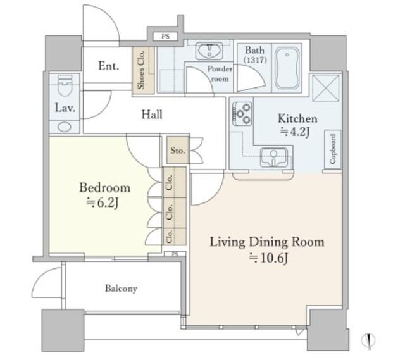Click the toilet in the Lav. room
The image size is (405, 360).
pyautogui.click(x=65, y=85)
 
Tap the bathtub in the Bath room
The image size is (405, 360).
pyautogui.click(x=287, y=68)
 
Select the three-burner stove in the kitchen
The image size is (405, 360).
pyautogui.click(x=242, y=114)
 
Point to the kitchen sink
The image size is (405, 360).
pyautogui.click(x=274, y=157)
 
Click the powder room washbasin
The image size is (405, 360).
pyautogui.click(x=209, y=51)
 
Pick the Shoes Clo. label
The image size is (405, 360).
pyautogui.click(x=141, y=70)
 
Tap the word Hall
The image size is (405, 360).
pyautogui.click(x=152, y=115)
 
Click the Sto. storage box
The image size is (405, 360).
pyautogui.click(x=178, y=150)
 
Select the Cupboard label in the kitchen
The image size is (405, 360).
pyautogui.click(x=333, y=149)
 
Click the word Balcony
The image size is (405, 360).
pyautogui.click(x=121, y=289)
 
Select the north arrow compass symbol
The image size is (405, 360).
pyautogui.click(x=368, y=340)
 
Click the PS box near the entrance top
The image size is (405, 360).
pyautogui.click(x=166, y=37)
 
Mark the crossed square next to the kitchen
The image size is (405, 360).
pyautogui.click(x=326, y=88)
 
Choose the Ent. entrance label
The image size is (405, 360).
pyautogui.click(x=109, y=66)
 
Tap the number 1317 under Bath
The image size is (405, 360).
pyautogui.click(x=255, y=60)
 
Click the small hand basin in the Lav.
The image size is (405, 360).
pyautogui.click(x=65, y=127)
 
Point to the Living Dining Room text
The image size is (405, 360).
pyautogui.click(x=267, y=242)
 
